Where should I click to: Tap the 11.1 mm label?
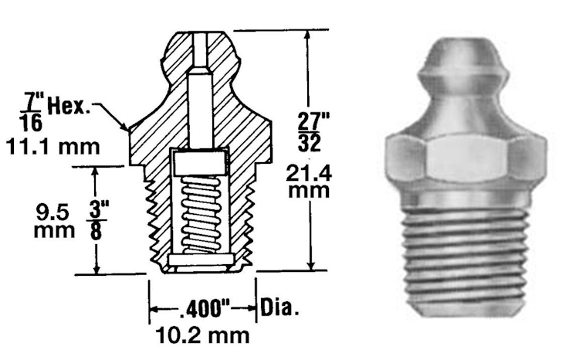click(52, 147)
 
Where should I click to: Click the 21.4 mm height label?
click(309, 182)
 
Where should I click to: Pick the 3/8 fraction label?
click(96, 220)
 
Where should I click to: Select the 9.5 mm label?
click(54, 221)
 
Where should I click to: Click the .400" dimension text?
click(205, 308)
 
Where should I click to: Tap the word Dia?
click(279, 307)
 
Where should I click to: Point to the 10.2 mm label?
click(203, 335)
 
